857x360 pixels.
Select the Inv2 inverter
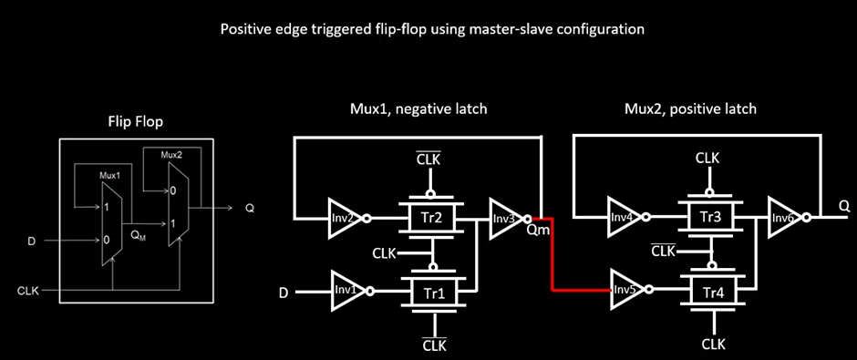tap(344, 219)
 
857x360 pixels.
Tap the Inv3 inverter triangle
tap(503, 219)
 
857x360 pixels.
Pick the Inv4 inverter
tap(622, 219)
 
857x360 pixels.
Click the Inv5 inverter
tap(626, 291)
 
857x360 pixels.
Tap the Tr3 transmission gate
tap(713, 219)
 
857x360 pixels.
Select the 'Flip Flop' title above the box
tap(137, 121)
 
